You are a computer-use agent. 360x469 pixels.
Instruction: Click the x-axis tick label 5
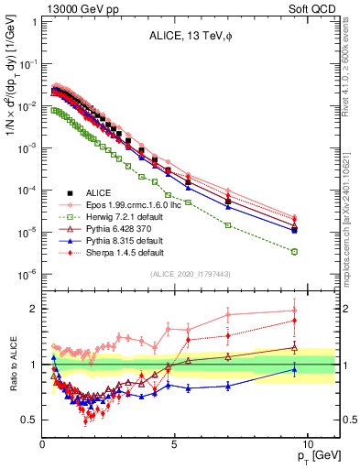[x=174, y=447]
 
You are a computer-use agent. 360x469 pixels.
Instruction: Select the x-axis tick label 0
[x=42, y=447]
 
